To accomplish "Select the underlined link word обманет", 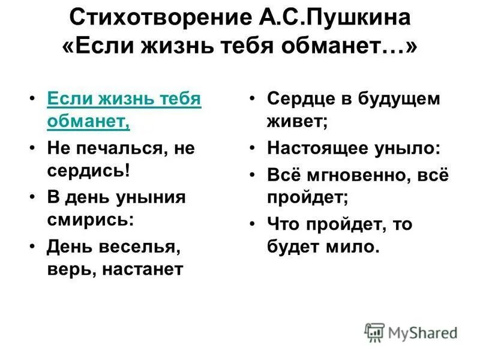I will [x=88, y=121].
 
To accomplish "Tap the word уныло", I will [x=414, y=148].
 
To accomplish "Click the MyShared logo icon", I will [x=374, y=332].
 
